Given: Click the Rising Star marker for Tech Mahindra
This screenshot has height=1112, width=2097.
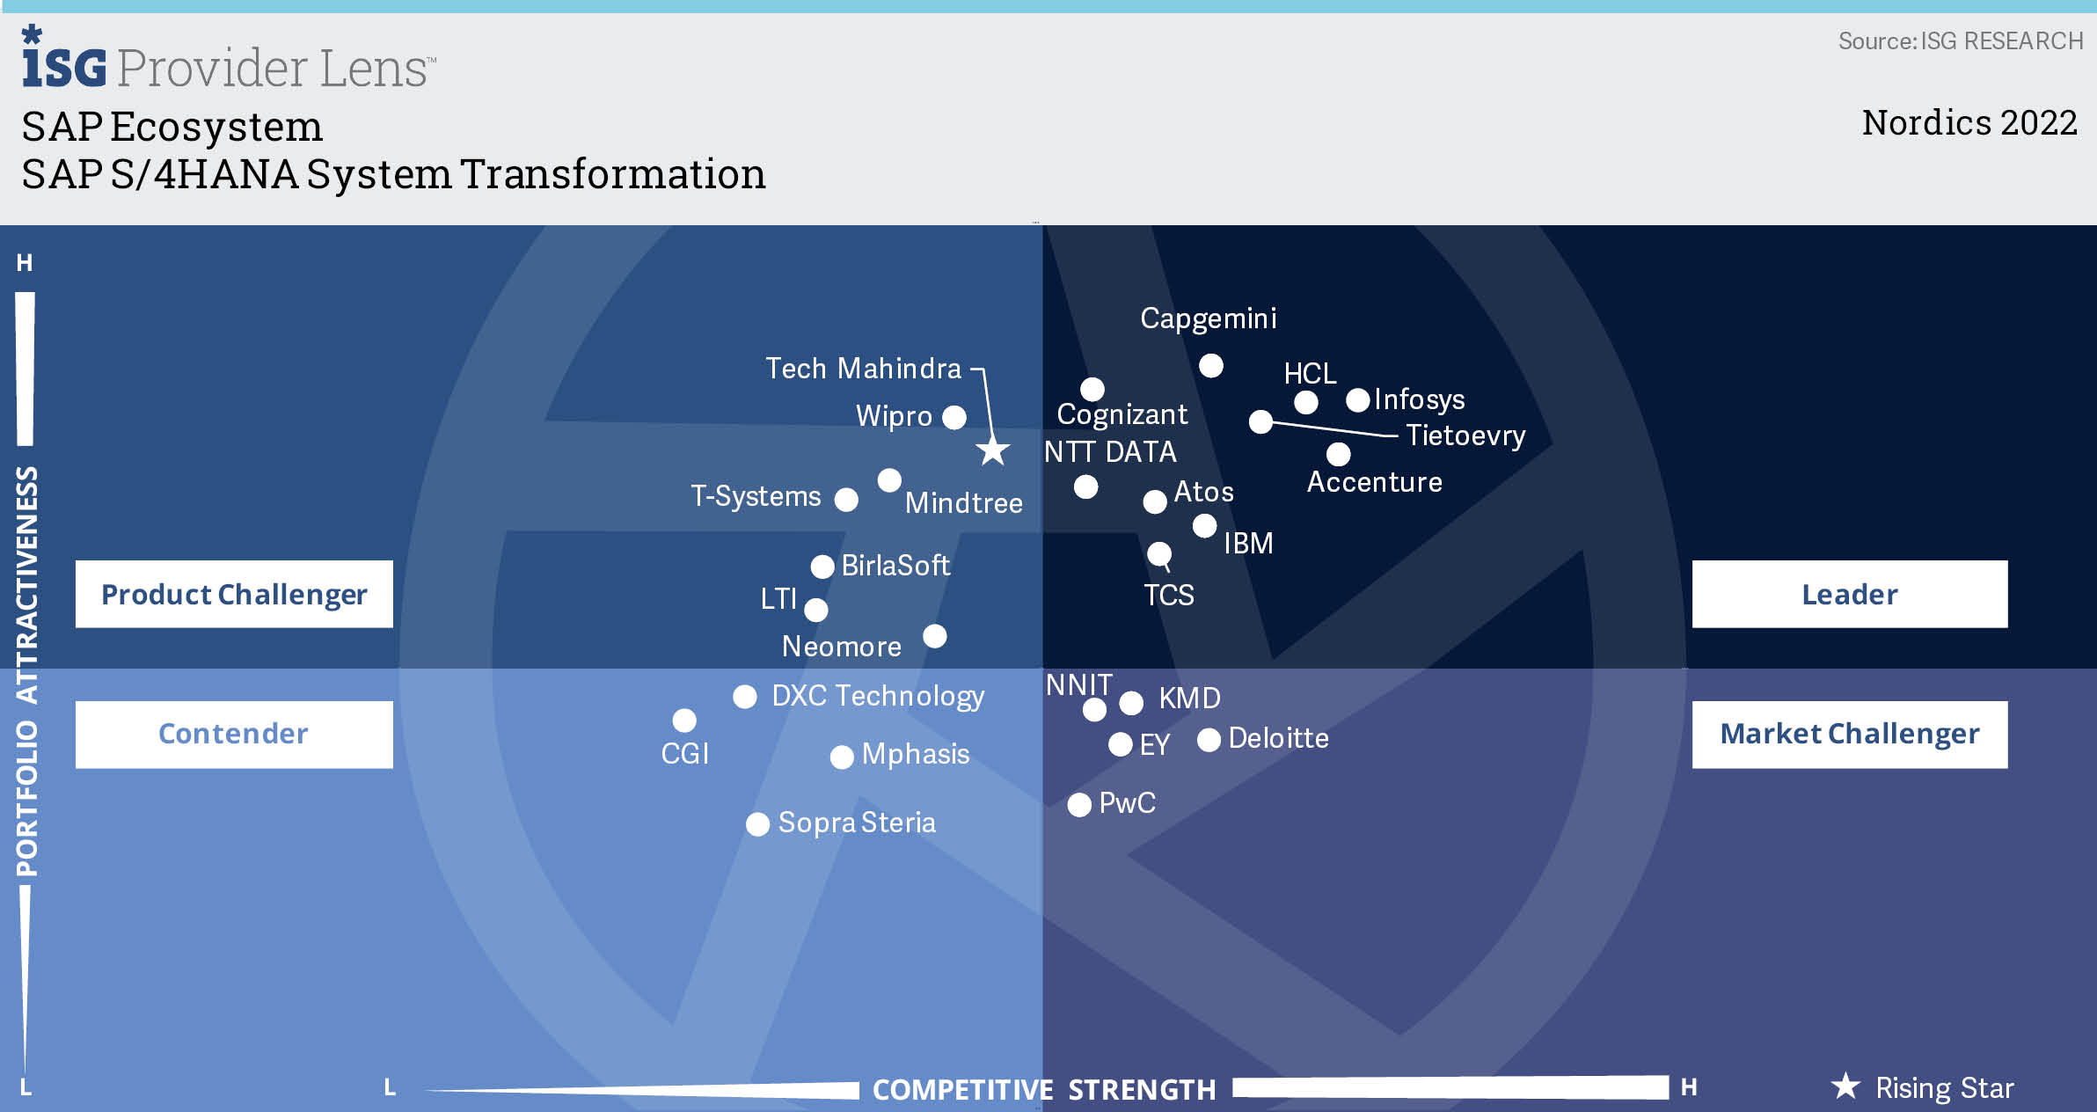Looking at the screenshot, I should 993,451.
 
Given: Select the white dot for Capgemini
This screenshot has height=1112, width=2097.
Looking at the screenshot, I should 1211,365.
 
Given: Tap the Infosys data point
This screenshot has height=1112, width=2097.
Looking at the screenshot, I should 1358,400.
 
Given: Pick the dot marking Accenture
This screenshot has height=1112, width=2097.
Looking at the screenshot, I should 1338,454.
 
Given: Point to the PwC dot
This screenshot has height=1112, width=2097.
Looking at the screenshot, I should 1079,804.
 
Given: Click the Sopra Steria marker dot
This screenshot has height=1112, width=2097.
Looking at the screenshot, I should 757,824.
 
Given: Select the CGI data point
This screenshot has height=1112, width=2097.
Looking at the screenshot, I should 684,721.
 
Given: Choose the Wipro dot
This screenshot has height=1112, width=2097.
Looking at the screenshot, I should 954,417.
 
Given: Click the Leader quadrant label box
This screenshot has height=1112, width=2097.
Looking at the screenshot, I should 1849,594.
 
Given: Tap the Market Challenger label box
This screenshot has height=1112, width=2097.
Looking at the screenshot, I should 1849,734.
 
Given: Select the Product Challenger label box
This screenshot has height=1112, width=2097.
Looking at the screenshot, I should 234,594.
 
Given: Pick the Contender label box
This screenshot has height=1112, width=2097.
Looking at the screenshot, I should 234,734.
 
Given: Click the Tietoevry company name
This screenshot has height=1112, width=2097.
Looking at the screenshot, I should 1465,435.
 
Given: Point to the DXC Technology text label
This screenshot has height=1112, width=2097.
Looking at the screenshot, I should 878,696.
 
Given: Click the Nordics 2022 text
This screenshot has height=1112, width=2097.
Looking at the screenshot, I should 1969,122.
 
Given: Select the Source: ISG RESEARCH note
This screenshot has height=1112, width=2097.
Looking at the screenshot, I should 1960,41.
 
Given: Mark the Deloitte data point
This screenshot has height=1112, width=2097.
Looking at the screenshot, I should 1209,740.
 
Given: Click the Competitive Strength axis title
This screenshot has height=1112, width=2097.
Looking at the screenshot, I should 1044,1090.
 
